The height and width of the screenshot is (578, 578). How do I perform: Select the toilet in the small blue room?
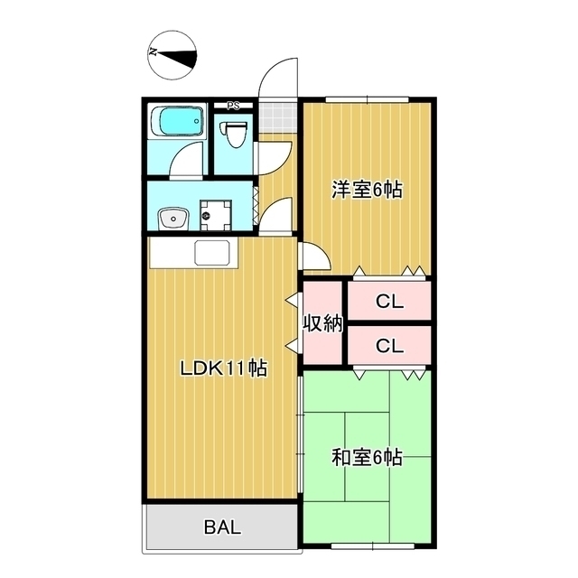[x=236, y=134]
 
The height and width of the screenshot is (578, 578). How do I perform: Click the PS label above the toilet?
[x=233, y=105]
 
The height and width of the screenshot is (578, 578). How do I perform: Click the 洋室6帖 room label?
[x=366, y=190]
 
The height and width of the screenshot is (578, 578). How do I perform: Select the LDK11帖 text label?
[x=222, y=368]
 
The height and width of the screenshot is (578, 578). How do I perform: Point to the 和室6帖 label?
[x=366, y=458]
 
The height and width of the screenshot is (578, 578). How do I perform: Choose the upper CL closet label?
[x=389, y=303]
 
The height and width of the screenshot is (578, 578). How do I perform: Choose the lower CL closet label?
[x=389, y=345]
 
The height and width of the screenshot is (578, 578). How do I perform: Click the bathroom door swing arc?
[x=186, y=162]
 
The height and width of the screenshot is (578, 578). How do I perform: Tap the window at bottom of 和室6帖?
[x=367, y=545]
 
